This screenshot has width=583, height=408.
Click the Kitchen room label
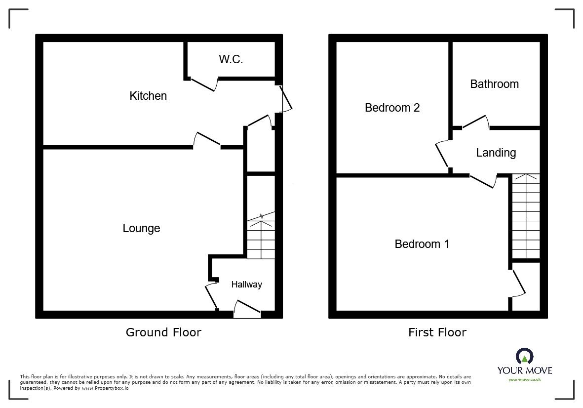(x=148, y=96)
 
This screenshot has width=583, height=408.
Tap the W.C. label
(x=231, y=59)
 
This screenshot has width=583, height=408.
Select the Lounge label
(x=141, y=228)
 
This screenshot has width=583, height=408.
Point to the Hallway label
(x=246, y=285)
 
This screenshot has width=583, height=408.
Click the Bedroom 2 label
(x=392, y=108)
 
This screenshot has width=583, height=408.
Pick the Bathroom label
(x=494, y=84)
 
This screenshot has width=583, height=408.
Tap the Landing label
(x=496, y=153)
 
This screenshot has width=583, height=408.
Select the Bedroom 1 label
(x=422, y=244)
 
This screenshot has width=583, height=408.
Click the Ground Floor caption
(x=163, y=332)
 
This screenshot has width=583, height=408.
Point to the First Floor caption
(x=437, y=332)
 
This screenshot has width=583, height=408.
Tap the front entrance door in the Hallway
(x=247, y=308)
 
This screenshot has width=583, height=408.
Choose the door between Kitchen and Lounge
(x=207, y=140)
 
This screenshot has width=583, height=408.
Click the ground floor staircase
(x=261, y=237)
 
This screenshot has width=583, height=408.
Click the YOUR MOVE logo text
(x=524, y=370)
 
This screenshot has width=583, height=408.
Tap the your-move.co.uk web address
(x=524, y=379)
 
